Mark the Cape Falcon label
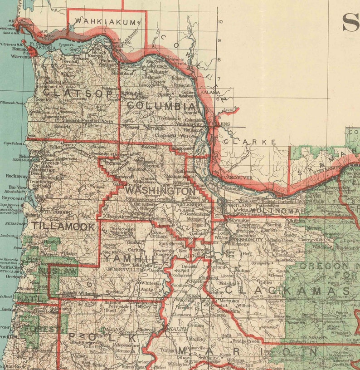coord(13,143)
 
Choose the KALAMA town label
coord(210,92)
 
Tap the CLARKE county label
coord(250,142)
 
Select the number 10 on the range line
coord(220,21)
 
